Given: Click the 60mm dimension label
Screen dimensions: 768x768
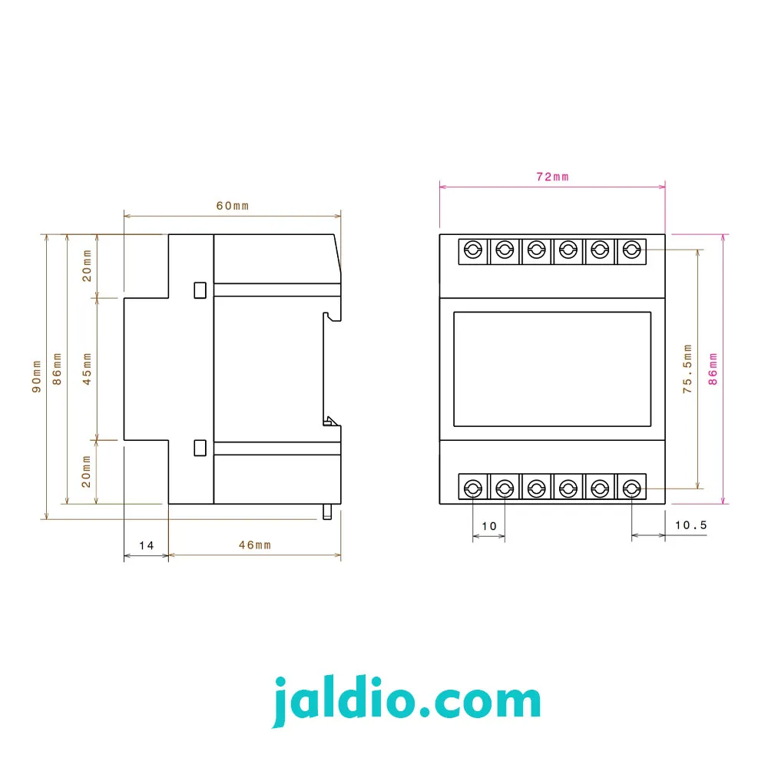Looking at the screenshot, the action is [x=233, y=206].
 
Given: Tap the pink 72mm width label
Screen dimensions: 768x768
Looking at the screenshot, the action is [x=552, y=177].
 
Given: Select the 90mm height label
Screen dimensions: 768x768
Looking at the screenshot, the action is [x=36, y=376].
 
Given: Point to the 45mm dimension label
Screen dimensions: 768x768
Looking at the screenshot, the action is [x=87, y=369].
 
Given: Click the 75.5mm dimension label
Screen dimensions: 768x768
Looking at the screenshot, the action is [x=687, y=369].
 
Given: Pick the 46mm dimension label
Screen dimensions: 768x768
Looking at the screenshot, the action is [x=255, y=545].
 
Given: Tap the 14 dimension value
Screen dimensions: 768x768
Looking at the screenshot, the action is [x=147, y=545].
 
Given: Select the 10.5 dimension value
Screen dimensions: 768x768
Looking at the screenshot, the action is [x=690, y=525].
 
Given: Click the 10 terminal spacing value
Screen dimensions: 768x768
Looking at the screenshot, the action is [x=489, y=526].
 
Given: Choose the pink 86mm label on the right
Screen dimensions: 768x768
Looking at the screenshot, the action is [x=713, y=369].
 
